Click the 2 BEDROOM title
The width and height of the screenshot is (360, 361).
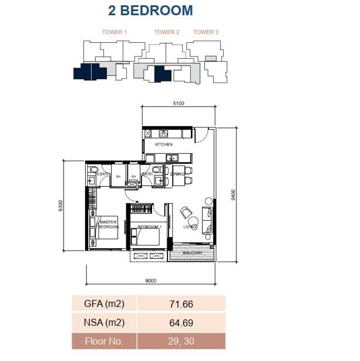point(150,11)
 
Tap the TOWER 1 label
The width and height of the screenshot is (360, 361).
point(115,32)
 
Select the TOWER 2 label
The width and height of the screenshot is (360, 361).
point(167,32)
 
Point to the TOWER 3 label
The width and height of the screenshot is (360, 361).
point(206,32)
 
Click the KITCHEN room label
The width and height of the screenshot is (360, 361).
point(164,144)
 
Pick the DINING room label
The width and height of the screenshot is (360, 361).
point(177,174)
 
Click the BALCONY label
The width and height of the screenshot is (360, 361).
point(193,253)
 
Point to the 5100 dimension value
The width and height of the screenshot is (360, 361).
point(179,103)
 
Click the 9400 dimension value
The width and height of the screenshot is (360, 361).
point(234,194)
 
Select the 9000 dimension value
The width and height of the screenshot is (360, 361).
point(151,281)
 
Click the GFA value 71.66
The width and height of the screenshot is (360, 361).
point(181,304)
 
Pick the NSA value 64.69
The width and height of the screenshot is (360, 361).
point(181,322)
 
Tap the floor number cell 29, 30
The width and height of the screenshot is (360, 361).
point(181,340)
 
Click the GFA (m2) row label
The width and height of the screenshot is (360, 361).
point(104,304)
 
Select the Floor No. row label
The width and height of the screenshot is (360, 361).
point(104,340)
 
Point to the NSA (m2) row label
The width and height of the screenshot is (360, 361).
point(104,322)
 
